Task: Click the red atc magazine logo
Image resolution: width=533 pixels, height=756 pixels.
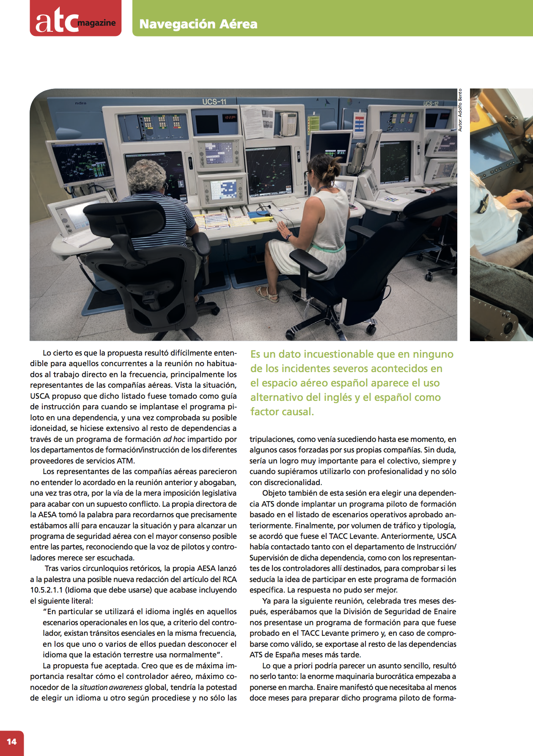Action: (x=75, y=19)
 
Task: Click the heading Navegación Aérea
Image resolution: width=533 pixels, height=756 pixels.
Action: (x=198, y=24)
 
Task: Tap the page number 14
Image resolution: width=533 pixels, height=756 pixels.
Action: (x=11, y=741)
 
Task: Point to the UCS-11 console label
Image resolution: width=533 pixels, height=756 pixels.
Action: (x=214, y=102)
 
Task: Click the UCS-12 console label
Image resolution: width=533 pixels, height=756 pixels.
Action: (x=431, y=103)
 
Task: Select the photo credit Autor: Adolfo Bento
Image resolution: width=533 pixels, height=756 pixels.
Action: (x=460, y=110)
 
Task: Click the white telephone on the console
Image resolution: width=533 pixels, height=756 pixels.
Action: (x=288, y=124)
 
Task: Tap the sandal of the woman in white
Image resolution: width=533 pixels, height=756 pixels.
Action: (x=267, y=293)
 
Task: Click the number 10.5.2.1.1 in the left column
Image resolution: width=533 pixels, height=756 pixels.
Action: (x=46, y=590)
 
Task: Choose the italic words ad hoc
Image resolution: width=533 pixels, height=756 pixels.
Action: (x=174, y=439)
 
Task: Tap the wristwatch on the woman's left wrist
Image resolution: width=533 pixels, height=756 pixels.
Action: (x=288, y=237)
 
